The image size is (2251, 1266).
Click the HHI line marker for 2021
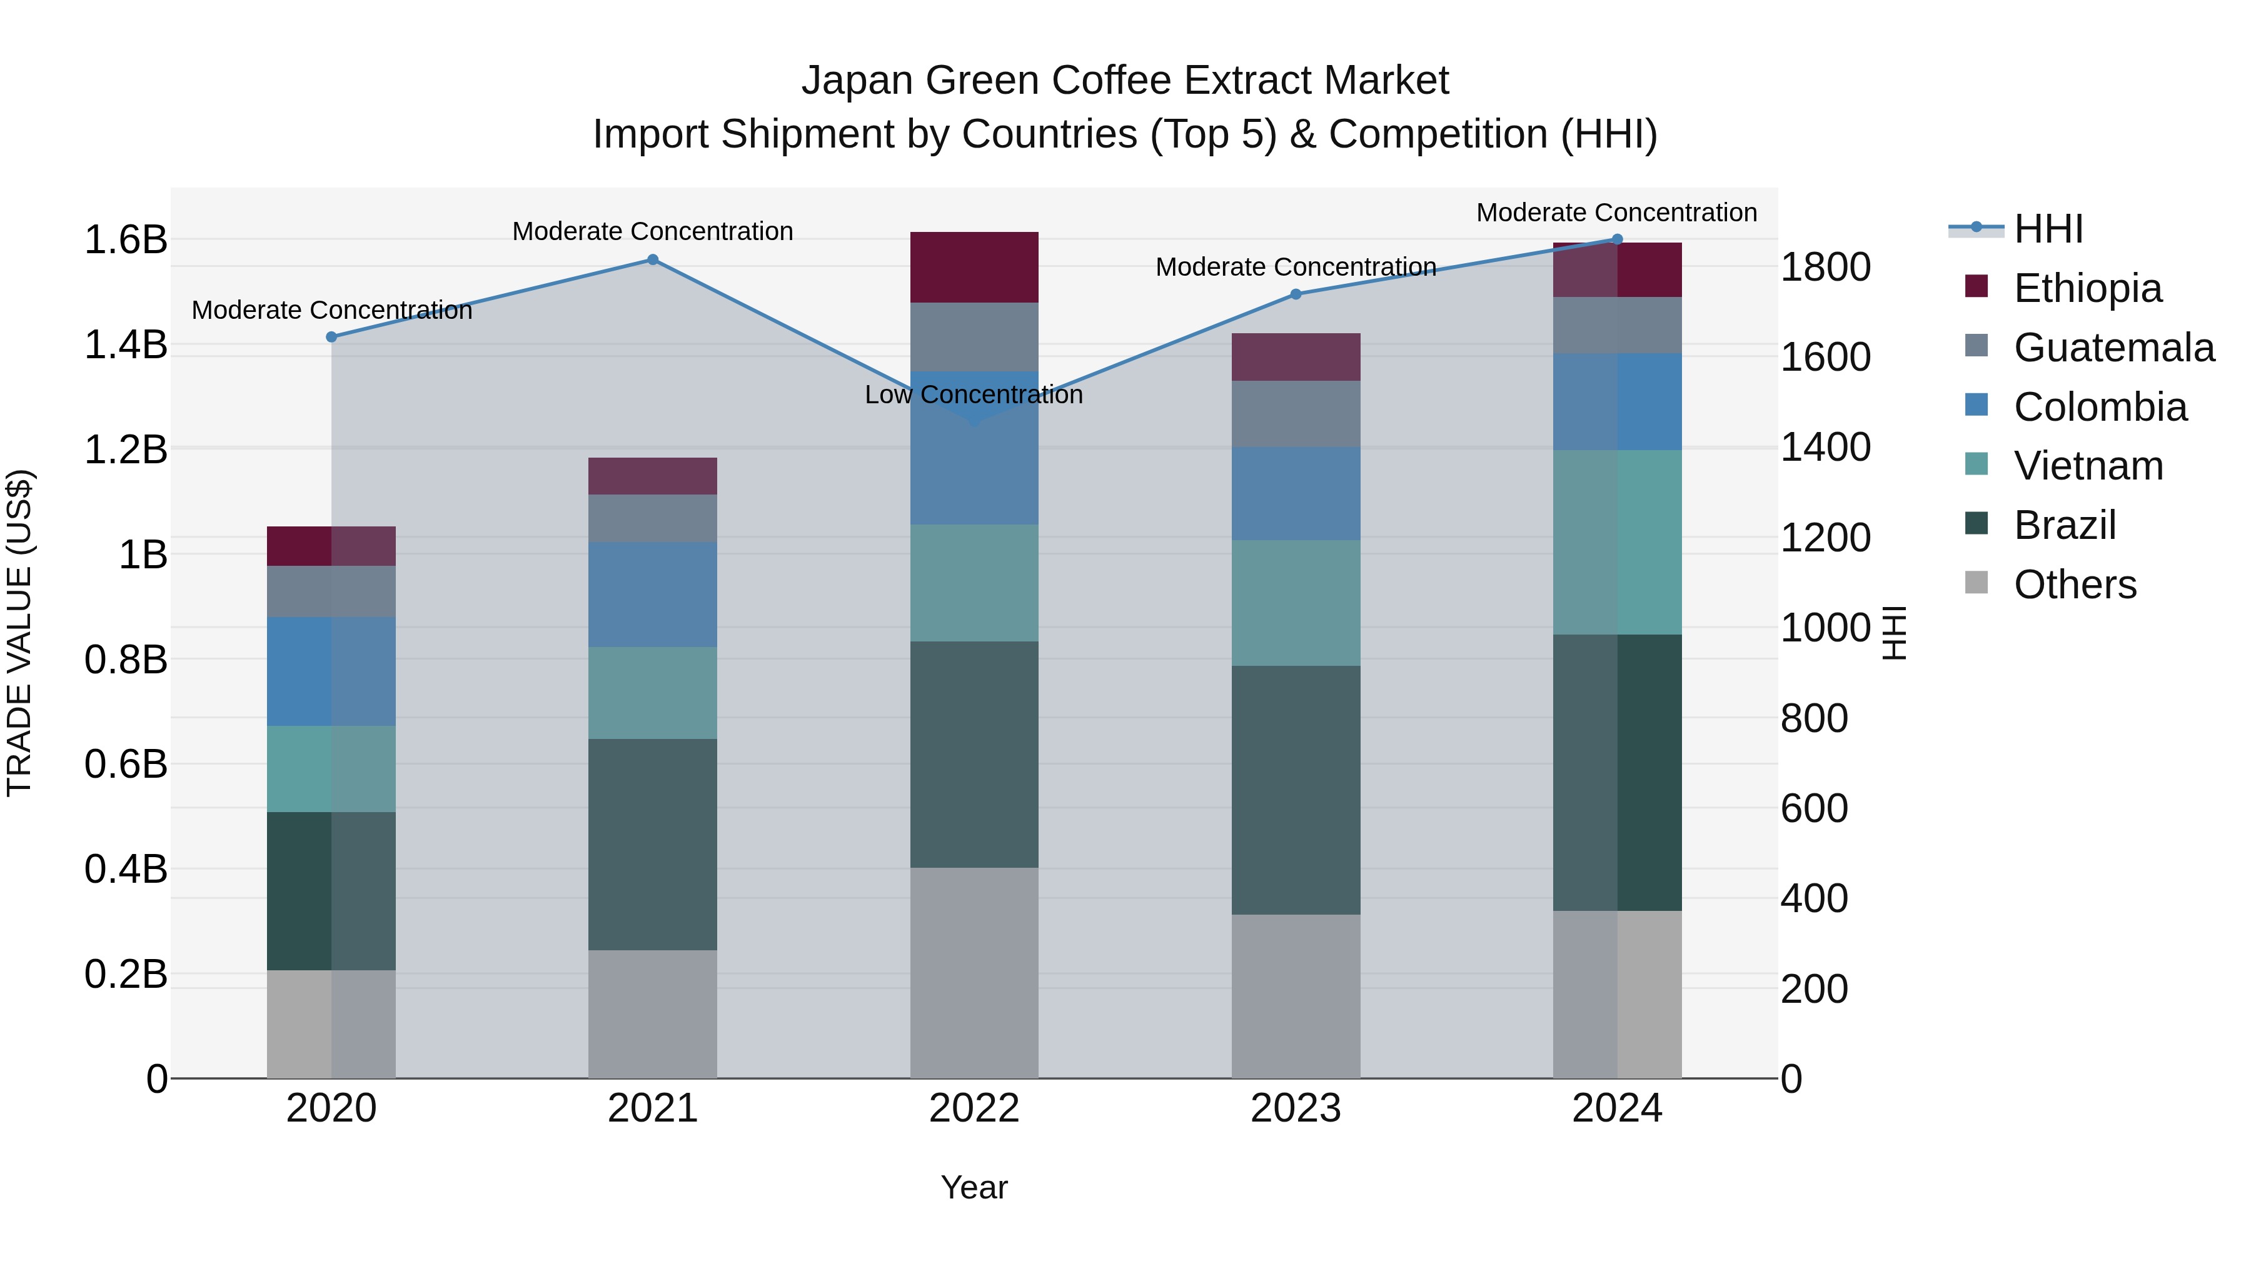[653, 259]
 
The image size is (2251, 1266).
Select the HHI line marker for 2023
[1296, 294]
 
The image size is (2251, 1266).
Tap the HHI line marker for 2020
[331, 337]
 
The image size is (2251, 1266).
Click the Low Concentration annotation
[974, 395]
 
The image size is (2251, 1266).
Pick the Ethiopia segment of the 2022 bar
[974, 268]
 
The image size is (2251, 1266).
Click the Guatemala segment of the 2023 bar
[1296, 414]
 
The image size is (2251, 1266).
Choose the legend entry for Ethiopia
[2087, 288]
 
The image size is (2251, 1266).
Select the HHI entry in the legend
[2047, 229]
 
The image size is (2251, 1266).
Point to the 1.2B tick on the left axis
[126, 450]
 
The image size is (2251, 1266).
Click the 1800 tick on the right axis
[1825, 268]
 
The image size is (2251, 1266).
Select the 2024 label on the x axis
[1616, 1108]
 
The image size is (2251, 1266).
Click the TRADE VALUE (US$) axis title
[19, 633]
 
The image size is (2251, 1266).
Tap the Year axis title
[974, 1187]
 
